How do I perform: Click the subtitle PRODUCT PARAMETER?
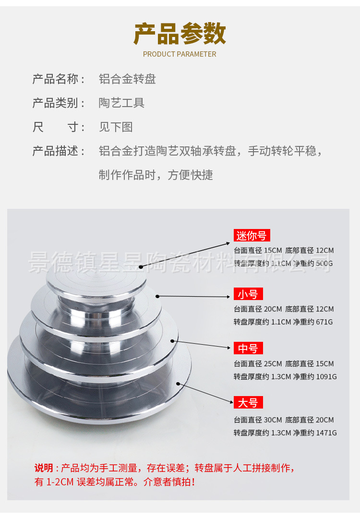(180, 54)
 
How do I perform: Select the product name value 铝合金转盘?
(127, 79)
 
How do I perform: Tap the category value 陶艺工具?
(121, 103)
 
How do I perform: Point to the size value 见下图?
(116, 127)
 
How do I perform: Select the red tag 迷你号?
(252, 236)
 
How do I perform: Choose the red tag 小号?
(248, 294)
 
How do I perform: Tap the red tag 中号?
(248, 349)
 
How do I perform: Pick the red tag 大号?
(248, 402)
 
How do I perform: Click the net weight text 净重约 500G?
(313, 264)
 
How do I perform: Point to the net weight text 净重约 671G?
(313, 322)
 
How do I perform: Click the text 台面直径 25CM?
(258, 364)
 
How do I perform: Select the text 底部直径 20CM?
(310, 420)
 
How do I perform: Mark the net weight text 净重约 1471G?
(315, 433)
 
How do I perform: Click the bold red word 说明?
(44, 468)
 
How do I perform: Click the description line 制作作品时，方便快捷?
(156, 175)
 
